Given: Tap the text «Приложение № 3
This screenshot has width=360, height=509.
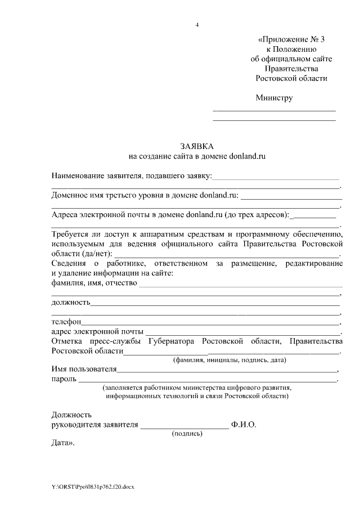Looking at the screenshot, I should tap(291, 39).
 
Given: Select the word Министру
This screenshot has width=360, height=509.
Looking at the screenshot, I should tap(274, 97).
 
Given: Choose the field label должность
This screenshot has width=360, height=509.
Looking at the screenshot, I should tap(70, 302).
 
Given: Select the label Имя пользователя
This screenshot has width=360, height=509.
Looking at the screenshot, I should tap(83, 370).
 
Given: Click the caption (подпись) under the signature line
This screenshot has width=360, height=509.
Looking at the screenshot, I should tap(187, 434).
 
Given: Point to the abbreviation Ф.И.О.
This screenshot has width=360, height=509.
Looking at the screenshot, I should tap(243, 425).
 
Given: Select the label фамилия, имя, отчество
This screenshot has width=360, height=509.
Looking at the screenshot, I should tap(94, 282).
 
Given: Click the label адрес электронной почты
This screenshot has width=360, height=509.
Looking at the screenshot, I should tap(97, 331).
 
